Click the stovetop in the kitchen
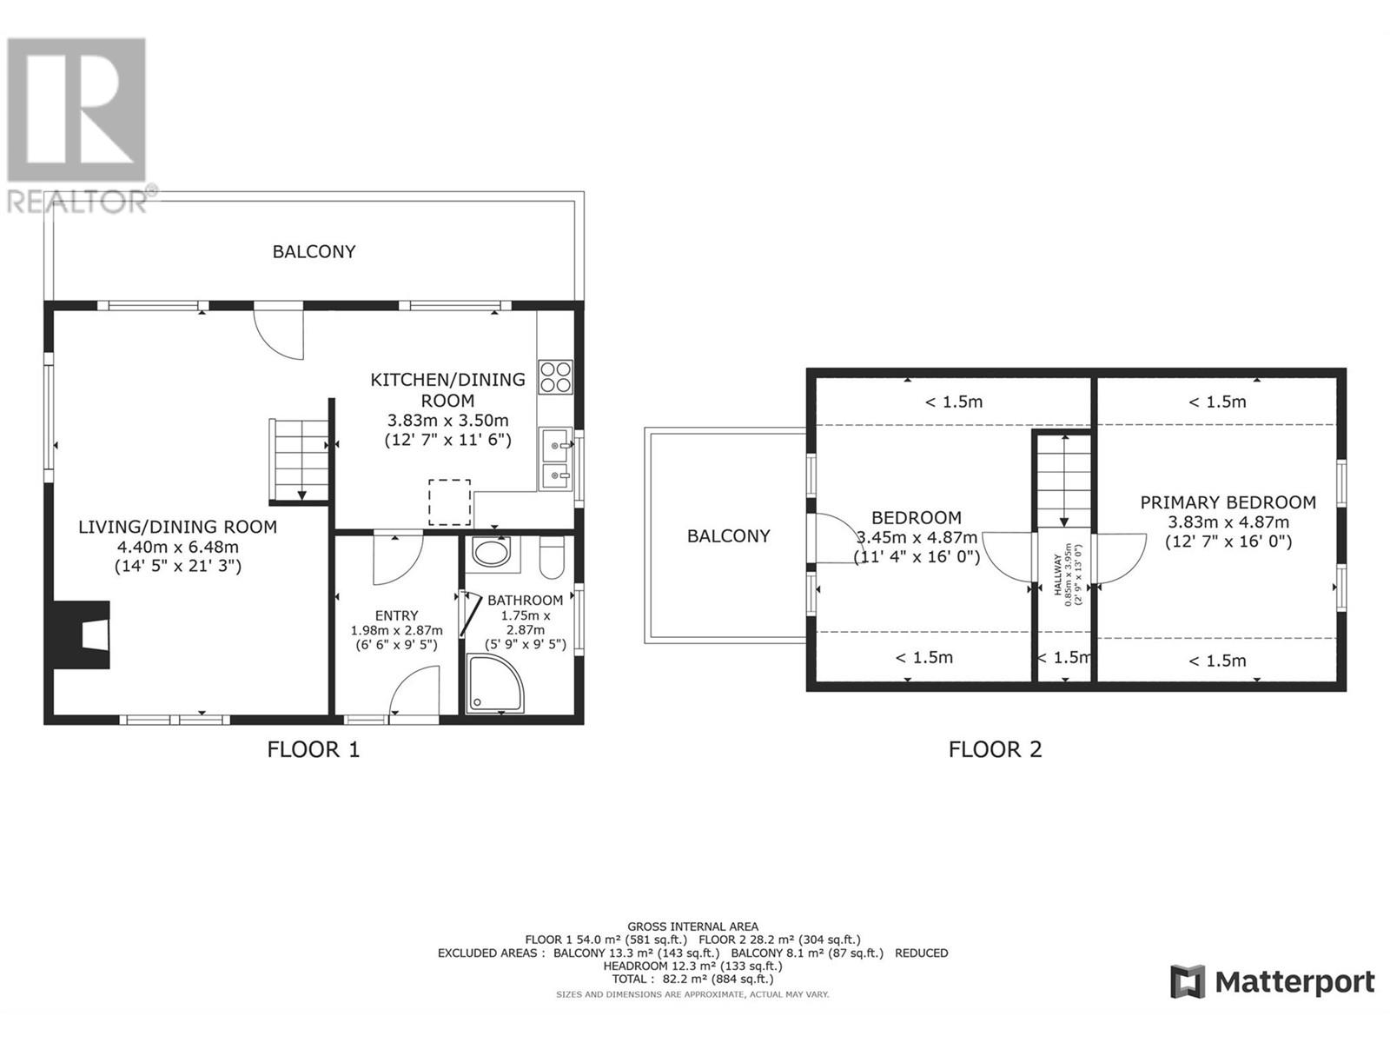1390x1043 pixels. point(556,377)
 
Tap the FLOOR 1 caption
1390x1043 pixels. point(313,749)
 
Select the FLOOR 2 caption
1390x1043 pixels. point(995,749)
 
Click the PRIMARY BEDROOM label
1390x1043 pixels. point(1228,502)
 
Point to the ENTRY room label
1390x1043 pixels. point(396,615)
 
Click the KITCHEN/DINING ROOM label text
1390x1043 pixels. point(447,389)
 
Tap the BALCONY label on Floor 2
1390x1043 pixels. point(728,536)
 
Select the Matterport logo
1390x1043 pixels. point(1272,982)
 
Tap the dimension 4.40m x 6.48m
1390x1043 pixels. point(177,547)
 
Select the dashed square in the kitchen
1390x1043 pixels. point(449,502)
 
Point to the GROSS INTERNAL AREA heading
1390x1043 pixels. point(692,927)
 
